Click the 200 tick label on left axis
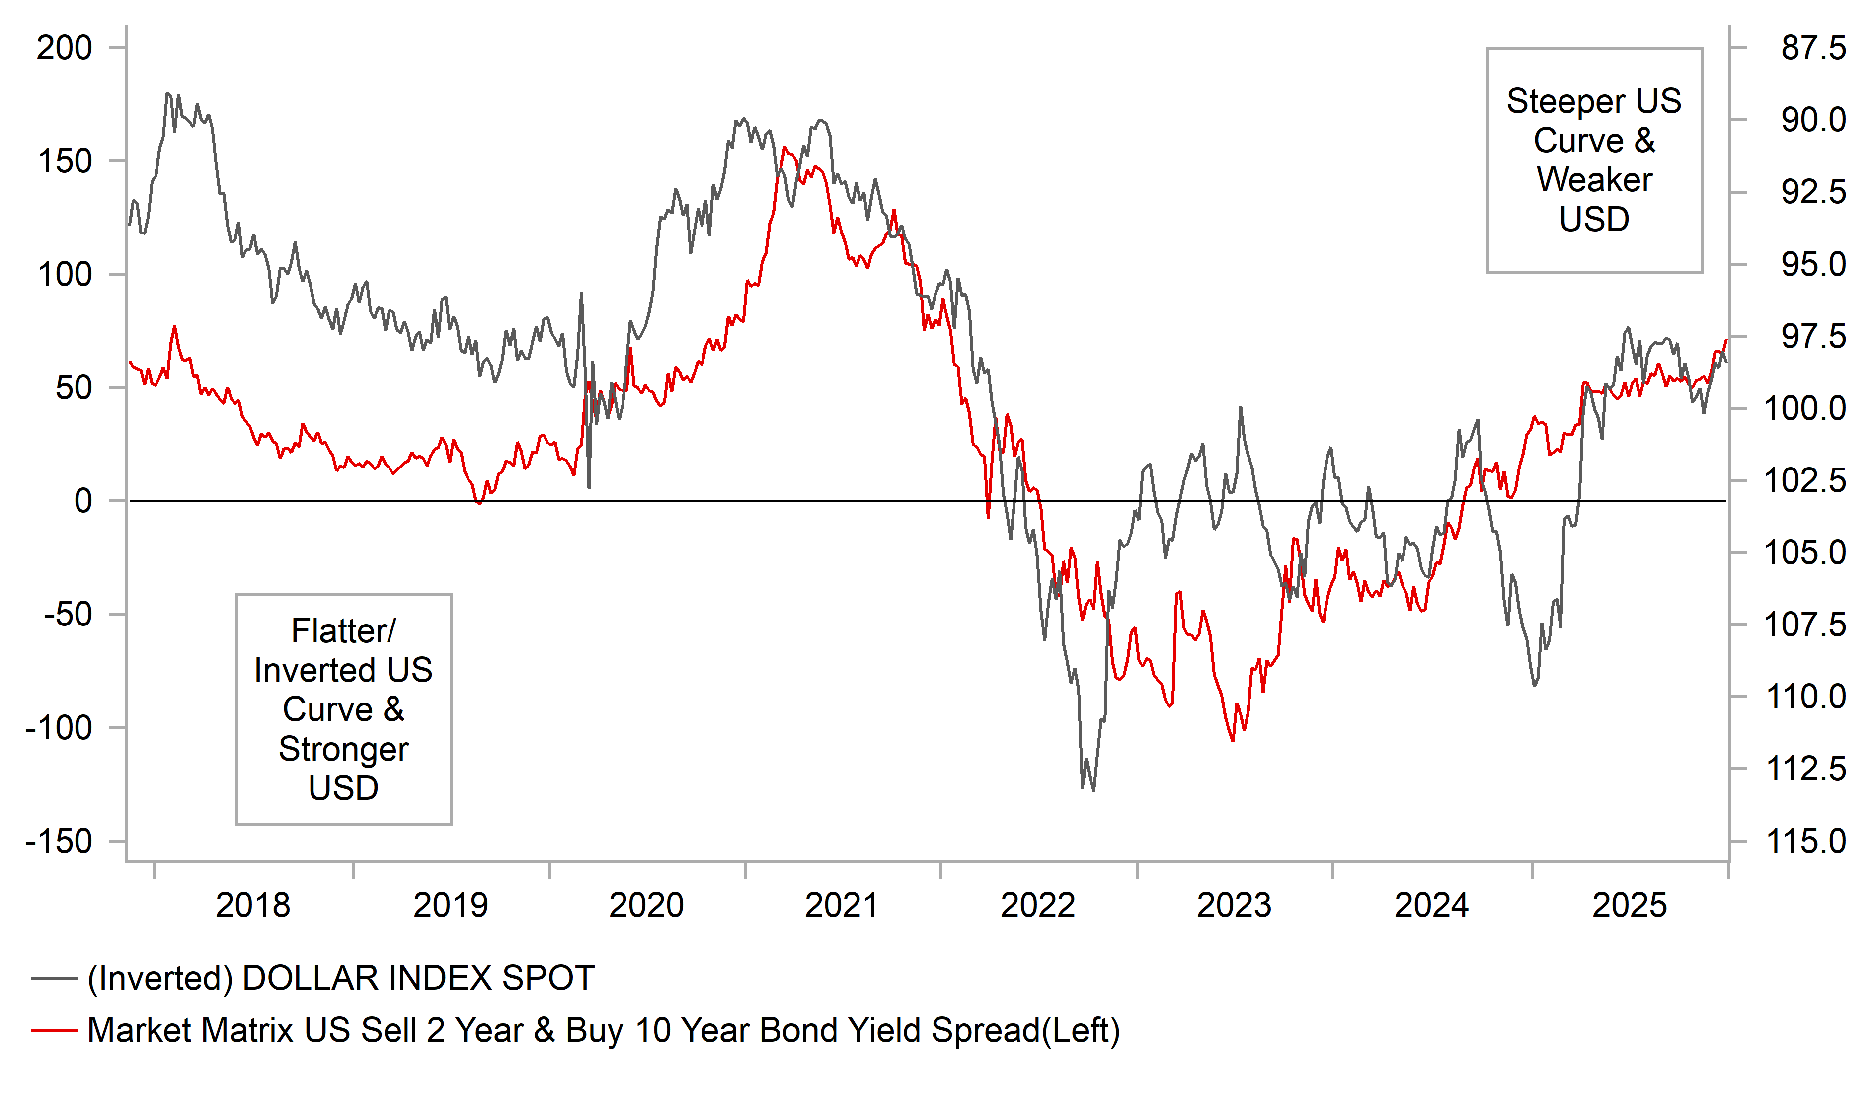tap(65, 48)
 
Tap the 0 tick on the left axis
tap(83, 502)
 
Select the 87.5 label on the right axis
tap(1812, 48)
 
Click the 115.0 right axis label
tap(1805, 841)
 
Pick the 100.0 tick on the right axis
tap(1805, 409)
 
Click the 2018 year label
tap(252, 905)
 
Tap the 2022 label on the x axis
tap(1038, 905)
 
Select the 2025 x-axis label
tap(1629, 905)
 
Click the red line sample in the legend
tap(54, 1030)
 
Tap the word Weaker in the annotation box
tap(1594, 180)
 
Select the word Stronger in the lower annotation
tap(343, 749)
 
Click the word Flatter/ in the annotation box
tap(343, 631)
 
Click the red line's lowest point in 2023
tap(1233, 740)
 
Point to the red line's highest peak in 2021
tap(784, 147)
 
